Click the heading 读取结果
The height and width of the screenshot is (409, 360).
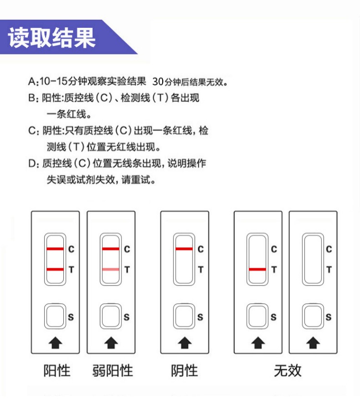coord(52,38)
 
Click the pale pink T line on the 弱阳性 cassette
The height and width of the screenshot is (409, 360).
coord(110,269)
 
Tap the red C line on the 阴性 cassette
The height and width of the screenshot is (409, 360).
coord(184,249)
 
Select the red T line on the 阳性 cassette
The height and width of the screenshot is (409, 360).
coord(55,269)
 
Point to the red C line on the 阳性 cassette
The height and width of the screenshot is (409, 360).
coord(55,249)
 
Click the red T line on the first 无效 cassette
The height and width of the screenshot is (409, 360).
coord(257,269)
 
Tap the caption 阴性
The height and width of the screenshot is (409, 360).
coord(184,371)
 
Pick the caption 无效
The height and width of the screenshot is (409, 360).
coord(287,371)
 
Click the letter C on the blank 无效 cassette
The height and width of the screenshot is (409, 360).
coord(329,249)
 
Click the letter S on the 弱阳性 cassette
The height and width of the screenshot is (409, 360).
coord(127,317)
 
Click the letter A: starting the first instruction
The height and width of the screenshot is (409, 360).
coord(33,81)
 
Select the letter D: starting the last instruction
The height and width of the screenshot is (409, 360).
coord(33,164)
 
